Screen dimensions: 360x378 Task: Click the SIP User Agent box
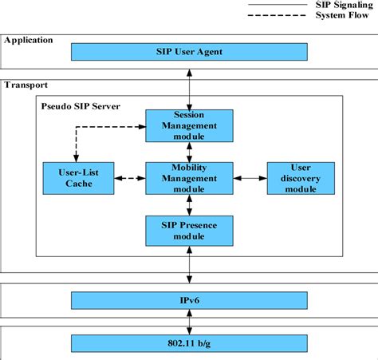[x=189, y=52]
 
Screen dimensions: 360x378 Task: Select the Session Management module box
[x=189, y=125]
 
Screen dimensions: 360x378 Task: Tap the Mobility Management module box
[x=189, y=178]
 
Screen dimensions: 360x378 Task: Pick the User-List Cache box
[x=79, y=178]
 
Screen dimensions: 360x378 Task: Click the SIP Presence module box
[x=189, y=231]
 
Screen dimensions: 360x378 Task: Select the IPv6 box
[x=189, y=301]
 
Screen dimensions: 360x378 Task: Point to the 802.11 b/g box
[x=189, y=343]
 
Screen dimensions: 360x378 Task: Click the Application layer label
[x=29, y=39]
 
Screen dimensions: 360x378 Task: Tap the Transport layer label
[x=26, y=85]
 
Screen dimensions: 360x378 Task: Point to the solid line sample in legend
[x=274, y=5]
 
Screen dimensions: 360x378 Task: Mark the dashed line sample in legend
[x=274, y=15]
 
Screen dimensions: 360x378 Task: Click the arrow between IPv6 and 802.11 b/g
[x=189, y=322]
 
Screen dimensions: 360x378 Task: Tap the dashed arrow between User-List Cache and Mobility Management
[x=130, y=178]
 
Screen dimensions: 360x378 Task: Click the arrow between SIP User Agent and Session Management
[x=189, y=85]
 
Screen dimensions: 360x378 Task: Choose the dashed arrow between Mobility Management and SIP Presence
[x=189, y=204]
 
